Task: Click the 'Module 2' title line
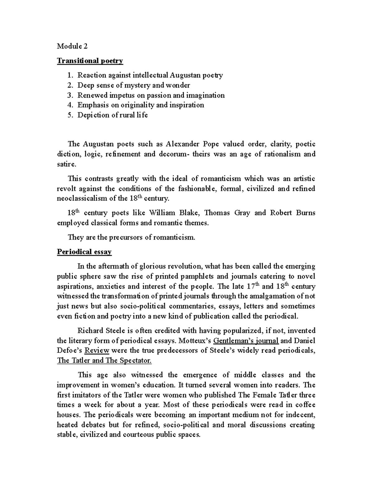click(x=72, y=46)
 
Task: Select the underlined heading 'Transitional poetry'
click(x=90, y=61)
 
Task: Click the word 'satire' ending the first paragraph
click(x=66, y=164)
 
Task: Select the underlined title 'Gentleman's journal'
click(x=246, y=341)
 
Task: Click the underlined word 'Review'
click(x=97, y=351)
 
